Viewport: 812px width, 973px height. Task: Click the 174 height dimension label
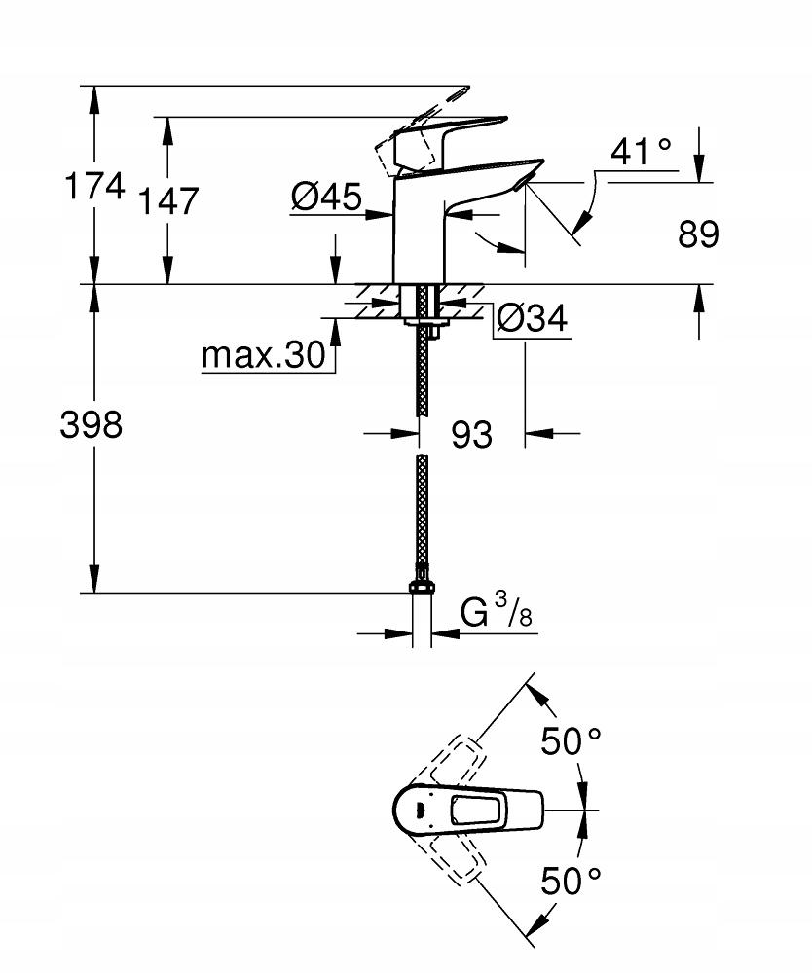(x=94, y=186)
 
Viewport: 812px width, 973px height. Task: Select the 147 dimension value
(x=167, y=201)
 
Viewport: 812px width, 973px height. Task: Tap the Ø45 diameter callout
(x=325, y=198)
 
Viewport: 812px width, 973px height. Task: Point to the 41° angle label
(x=641, y=151)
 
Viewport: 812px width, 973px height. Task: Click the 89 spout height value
(x=697, y=234)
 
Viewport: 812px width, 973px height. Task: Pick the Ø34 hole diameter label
(x=532, y=319)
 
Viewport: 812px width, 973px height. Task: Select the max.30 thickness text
(x=263, y=356)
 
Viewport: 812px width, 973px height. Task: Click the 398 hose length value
(x=91, y=424)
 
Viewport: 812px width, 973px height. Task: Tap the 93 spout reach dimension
(x=471, y=435)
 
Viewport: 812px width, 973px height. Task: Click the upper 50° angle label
(x=571, y=742)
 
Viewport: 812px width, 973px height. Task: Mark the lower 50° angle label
(x=571, y=882)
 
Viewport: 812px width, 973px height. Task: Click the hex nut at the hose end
(x=422, y=586)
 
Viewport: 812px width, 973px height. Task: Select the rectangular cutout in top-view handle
(x=477, y=809)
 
